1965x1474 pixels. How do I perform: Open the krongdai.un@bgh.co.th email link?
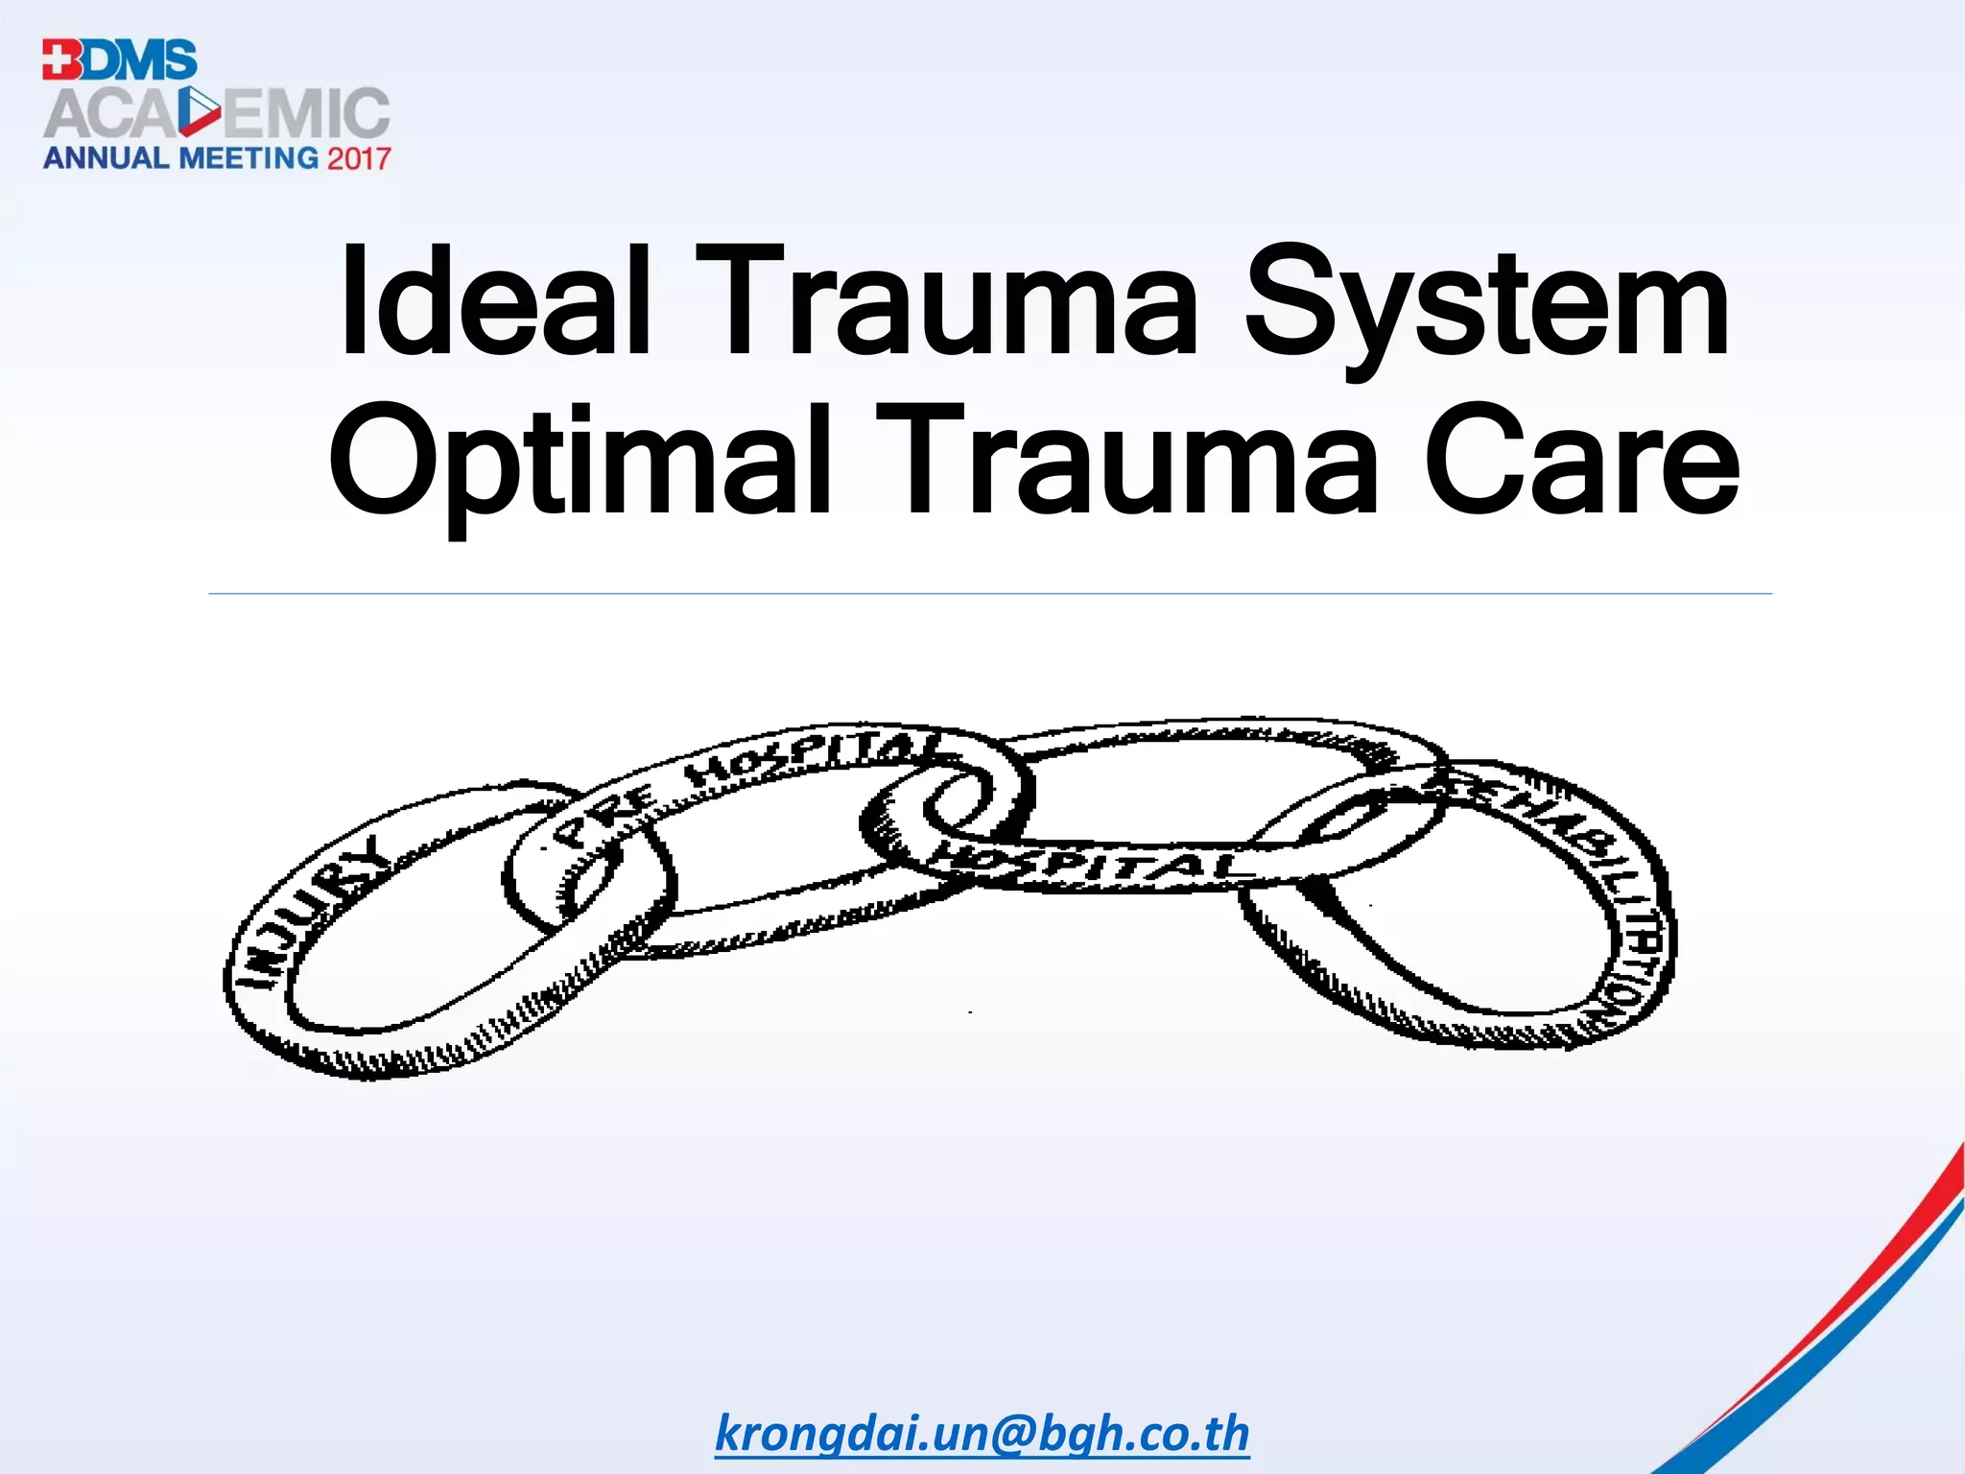tap(982, 1434)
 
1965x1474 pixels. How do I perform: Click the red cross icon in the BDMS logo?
tap(60, 59)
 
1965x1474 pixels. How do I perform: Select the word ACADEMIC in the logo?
tap(216, 114)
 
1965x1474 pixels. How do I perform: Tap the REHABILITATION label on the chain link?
tap(1593, 883)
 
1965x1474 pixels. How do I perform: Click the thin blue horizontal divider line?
tap(988, 594)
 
